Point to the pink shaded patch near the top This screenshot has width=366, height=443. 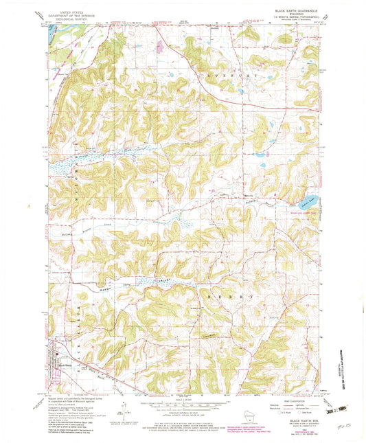tap(159, 47)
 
